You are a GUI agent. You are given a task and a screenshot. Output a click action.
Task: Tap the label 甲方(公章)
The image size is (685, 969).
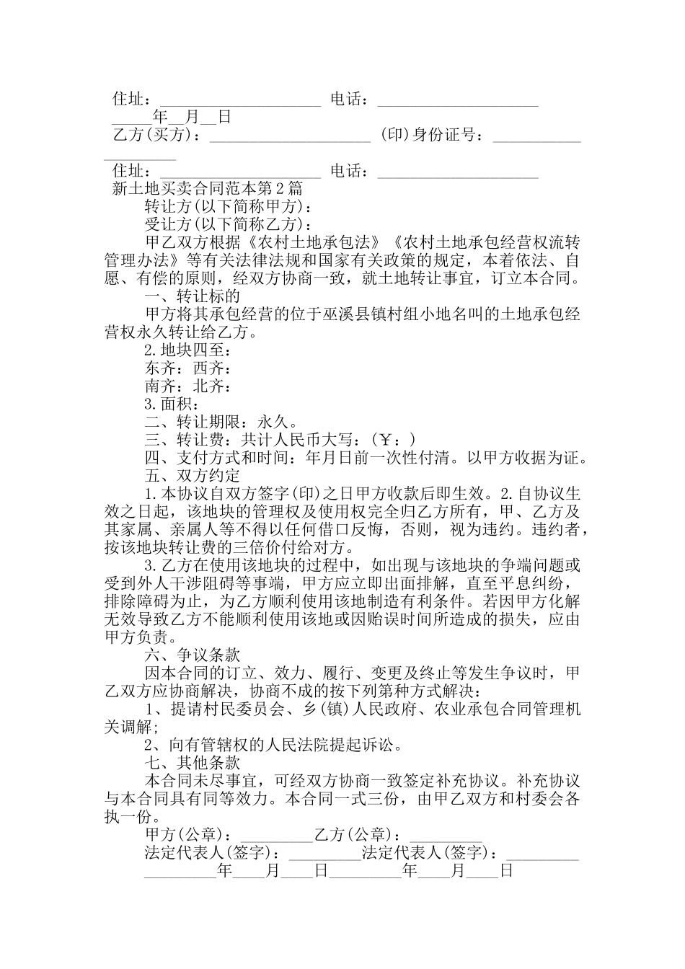[187, 835]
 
